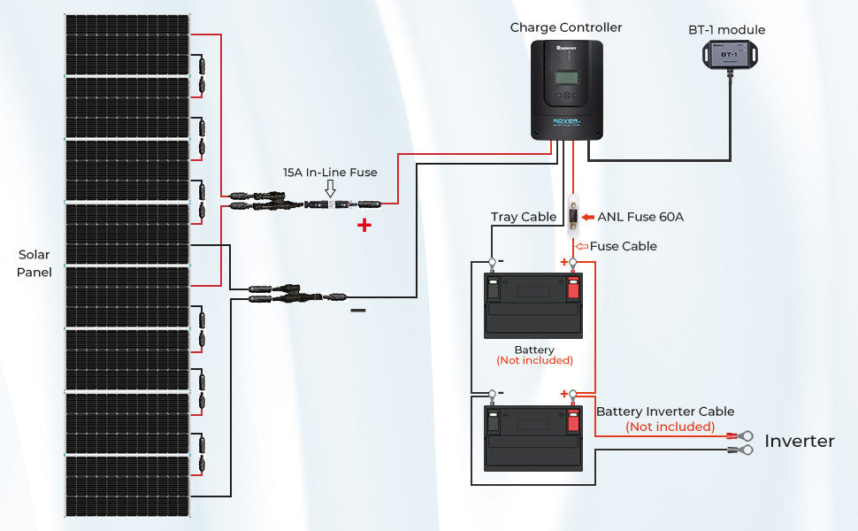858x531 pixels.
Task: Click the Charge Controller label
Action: tap(566, 27)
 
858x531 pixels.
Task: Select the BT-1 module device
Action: tap(728, 55)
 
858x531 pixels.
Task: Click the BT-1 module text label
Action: tap(726, 30)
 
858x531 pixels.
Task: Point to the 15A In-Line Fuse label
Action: tap(330, 173)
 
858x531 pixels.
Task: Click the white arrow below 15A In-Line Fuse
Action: tap(330, 189)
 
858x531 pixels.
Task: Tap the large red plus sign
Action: tap(364, 226)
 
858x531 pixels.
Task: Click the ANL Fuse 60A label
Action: tap(640, 216)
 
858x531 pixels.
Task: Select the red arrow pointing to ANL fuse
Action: tap(588, 216)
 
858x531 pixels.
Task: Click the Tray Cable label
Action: tap(524, 217)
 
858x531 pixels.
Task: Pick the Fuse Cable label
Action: tap(623, 246)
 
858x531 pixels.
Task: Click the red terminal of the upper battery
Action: tap(572, 287)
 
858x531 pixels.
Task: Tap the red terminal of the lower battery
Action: tap(572, 419)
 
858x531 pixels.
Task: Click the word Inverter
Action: tap(799, 441)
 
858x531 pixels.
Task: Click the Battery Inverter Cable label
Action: tap(665, 412)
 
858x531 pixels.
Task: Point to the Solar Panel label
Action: tap(34, 264)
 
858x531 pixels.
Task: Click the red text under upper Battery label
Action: tap(534, 361)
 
